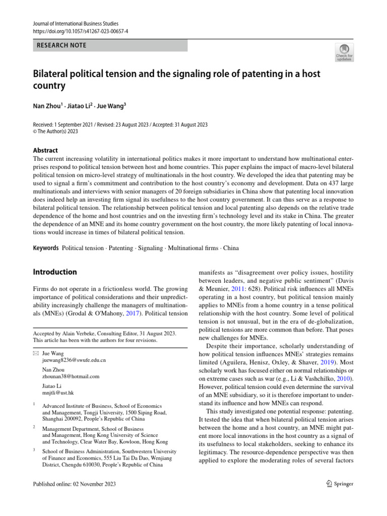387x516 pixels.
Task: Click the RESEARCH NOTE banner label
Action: pyautogui.click(x=61, y=45)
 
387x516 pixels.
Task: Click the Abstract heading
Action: pyautogui.click(x=45, y=150)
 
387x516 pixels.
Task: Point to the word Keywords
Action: pyautogui.click(x=46, y=248)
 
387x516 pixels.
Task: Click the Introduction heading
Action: pyautogui.click(x=55, y=272)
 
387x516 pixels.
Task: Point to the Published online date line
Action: pyautogui.click(x=74, y=484)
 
